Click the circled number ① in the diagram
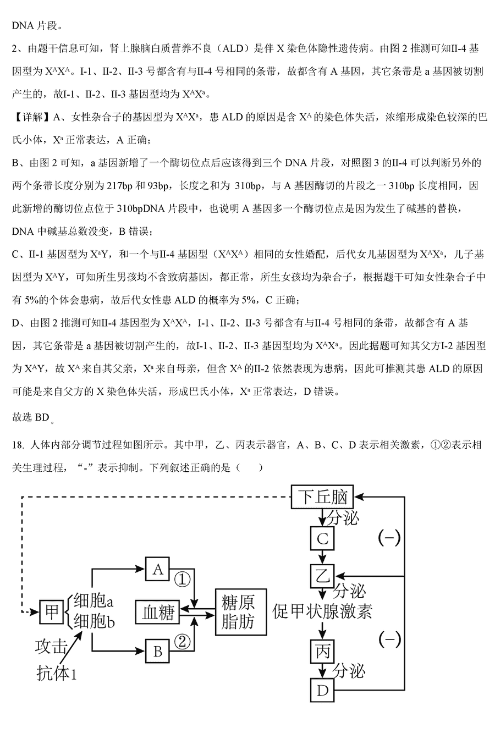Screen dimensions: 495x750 (x=183, y=579)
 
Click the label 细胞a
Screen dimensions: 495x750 (x=94, y=600)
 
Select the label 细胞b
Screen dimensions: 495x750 (x=94, y=622)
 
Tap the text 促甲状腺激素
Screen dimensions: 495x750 (x=322, y=611)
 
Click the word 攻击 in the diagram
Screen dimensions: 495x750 (x=52, y=646)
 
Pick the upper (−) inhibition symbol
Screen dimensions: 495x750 (x=389, y=538)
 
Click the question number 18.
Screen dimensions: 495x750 (x=18, y=445)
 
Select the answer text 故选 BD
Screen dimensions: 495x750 (x=31, y=417)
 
